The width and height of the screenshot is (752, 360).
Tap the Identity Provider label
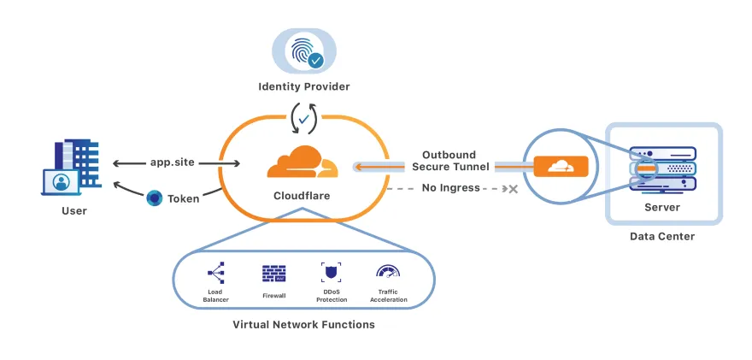point(303,86)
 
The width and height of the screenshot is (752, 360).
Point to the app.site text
point(173,162)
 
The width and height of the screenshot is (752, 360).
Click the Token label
point(183,198)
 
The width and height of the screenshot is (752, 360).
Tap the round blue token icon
point(154,198)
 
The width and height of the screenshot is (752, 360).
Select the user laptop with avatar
point(62,182)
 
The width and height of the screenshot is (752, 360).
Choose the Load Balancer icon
point(214,274)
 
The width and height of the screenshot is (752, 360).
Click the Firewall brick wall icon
point(273,274)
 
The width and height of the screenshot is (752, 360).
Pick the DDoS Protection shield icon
point(331,273)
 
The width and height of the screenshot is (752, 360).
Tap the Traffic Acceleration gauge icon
point(387,273)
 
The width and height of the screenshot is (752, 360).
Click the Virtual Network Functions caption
point(303,325)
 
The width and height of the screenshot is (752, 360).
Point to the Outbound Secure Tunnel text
point(449,160)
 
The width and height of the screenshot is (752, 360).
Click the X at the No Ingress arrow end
point(514,188)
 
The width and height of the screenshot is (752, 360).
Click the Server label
point(662,208)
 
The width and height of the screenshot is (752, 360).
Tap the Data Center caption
point(662,236)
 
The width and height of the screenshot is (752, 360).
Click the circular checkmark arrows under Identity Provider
point(303,118)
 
